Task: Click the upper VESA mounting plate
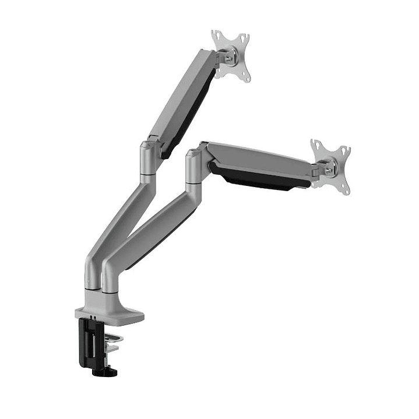(x=231, y=56)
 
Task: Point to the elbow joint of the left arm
(x=149, y=157)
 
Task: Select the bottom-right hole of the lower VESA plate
(x=345, y=189)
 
